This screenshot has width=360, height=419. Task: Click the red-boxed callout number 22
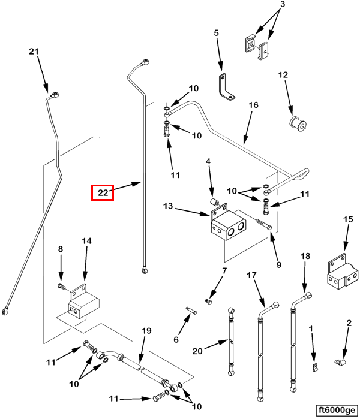[x=102, y=192]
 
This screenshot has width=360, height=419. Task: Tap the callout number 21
[x=34, y=52]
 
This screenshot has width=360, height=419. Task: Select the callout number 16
[x=253, y=105]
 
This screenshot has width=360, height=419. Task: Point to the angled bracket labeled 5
[x=224, y=86]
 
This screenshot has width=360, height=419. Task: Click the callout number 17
[x=251, y=275]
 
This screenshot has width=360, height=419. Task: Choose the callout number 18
[x=305, y=256]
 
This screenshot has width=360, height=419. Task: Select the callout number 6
[x=176, y=339]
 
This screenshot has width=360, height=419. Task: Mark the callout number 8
[x=60, y=249]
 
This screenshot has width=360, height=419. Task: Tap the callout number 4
[x=208, y=162]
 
